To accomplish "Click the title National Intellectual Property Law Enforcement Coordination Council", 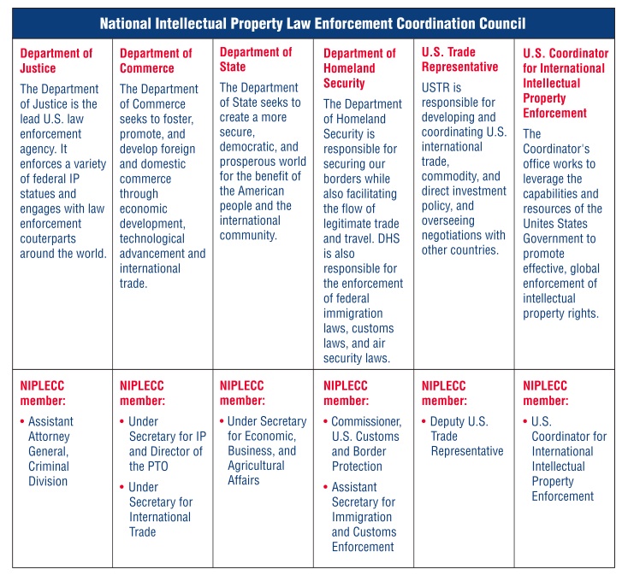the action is click(x=312, y=24).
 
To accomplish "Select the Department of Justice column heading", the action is click(x=56, y=61).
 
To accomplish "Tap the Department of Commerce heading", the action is click(x=156, y=61).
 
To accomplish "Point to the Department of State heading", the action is click(x=256, y=59).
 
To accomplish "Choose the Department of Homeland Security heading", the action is click(x=359, y=68).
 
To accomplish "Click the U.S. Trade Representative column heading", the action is click(x=459, y=59).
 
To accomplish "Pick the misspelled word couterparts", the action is click(x=48, y=238).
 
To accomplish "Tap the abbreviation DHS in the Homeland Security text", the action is click(x=388, y=238).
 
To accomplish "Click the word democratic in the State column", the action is click(x=248, y=147).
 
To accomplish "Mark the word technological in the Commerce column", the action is click(x=151, y=238).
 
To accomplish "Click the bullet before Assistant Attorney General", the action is click(x=22, y=421).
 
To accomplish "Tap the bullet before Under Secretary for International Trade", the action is click(x=122, y=487).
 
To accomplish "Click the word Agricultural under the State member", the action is click(x=256, y=466).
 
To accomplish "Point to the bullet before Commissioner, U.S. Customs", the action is click(x=326, y=421).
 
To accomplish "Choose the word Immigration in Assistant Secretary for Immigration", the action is click(x=362, y=517).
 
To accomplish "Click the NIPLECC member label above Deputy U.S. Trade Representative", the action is click(x=444, y=393).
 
